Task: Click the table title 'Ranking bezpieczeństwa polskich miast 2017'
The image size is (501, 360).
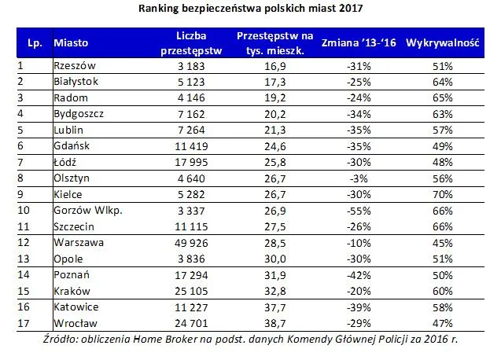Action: [x=251, y=9]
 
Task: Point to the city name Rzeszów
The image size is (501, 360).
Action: [x=72, y=66]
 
